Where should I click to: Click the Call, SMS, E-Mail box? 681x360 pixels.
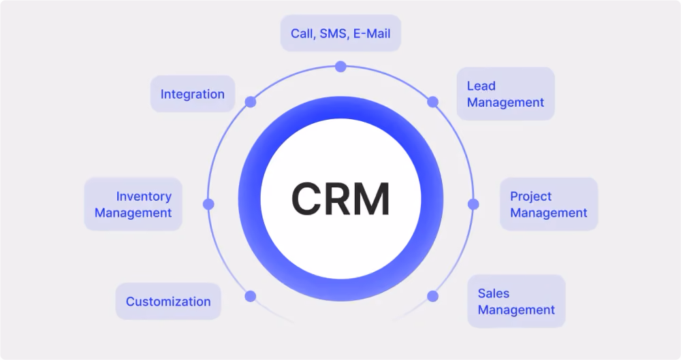tap(340, 33)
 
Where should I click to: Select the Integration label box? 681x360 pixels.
tap(193, 94)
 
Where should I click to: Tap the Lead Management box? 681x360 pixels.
tap(505, 94)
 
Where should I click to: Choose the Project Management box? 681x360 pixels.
tap(548, 204)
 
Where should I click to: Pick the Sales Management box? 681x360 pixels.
tap(516, 301)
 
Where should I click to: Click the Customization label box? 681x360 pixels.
tap(168, 301)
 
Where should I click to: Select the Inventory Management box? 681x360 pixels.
tap(133, 204)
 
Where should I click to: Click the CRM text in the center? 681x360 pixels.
tap(340, 199)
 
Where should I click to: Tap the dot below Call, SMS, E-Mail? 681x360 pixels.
tap(340, 67)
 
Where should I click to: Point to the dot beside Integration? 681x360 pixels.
tap(250, 102)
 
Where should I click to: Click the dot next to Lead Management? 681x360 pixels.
tap(432, 102)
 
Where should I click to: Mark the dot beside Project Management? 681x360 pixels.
tap(473, 204)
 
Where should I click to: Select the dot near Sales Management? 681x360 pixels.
tap(432, 296)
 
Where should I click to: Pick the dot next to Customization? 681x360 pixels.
tap(250, 296)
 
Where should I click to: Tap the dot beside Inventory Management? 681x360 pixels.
tap(208, 204)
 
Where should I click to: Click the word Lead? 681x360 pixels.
tap(481, 86)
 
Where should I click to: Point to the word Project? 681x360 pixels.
tap(530, 197)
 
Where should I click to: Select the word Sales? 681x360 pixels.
tap(493, 293)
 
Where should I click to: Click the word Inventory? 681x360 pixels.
tap(144, 197)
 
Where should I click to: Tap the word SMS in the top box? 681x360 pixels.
tap(334, 34)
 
